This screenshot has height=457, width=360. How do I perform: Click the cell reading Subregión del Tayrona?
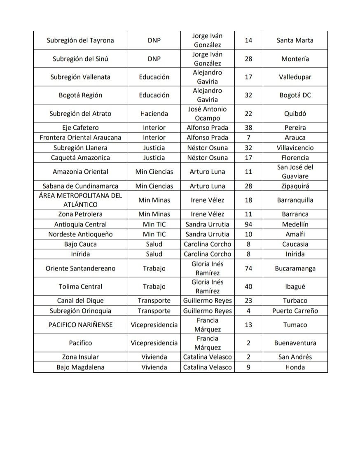pos(80,40)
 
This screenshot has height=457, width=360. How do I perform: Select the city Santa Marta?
pos(295,40)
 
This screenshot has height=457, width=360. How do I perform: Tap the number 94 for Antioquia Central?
pos(248,224)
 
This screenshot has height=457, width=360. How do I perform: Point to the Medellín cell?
pos(295,224)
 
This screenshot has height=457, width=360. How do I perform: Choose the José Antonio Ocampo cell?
pos(207,114)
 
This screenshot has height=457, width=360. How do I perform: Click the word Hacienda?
pos(154,114)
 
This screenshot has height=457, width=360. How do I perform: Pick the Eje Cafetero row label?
pos(80,128)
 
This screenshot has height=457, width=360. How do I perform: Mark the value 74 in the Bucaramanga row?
pos(248,268)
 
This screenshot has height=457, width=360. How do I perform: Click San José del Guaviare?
pos(295,172)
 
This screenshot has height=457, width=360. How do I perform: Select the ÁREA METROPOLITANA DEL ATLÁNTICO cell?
pos(80,200)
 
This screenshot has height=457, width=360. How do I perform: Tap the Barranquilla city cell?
pos(295,200)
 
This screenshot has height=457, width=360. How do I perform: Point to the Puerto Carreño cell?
pos(295,311)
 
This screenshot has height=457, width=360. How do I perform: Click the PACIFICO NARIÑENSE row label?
pos(80,325)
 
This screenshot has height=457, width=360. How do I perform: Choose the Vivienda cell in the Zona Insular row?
pos(154,357)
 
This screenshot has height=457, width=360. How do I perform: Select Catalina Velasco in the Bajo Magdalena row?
pos(207,367)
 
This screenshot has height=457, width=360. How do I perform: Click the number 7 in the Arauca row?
pos(248,138)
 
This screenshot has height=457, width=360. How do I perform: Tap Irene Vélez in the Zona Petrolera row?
pos(207,214)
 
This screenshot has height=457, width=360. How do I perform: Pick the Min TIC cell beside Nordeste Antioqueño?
pos(154,234)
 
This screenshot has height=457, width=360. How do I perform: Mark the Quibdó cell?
pos(295,114)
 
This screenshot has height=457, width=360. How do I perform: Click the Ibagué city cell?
pos(295,287)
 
